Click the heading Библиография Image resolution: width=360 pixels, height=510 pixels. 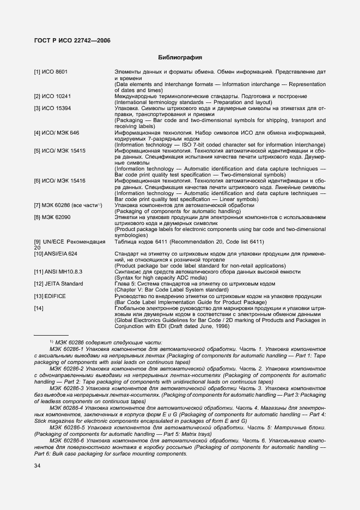pyautogui.click(x=180, y=57)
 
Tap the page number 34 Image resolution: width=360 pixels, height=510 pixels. pyautogui.click(x=38, y=465)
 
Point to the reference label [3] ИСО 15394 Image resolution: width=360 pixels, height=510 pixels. pyautogui.click(x=52, y=108)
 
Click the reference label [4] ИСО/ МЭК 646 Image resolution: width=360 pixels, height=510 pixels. pyautogui.click(x=57, y=132)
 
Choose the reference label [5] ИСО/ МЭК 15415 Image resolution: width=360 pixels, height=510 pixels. pyautogui.click(x=60, y=150)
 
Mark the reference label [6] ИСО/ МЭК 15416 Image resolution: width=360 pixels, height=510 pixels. pyautogui.click(x=60, y=180)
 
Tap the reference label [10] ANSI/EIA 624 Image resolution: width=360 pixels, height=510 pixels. pyautogui.click(x=56, y=254)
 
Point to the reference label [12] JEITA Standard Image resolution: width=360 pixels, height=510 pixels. pyautogui.click(x=59, y=283)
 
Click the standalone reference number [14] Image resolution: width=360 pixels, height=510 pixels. pyautogui.click(x=39, y=309)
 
